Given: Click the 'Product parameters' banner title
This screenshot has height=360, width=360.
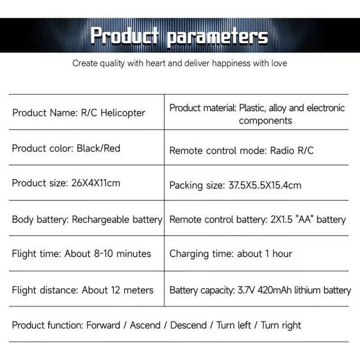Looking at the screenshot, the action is point(179,35).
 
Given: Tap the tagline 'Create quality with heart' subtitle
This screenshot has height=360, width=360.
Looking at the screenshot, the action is point(180,63).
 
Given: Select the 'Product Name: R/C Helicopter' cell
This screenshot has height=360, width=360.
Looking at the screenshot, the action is point(78,112).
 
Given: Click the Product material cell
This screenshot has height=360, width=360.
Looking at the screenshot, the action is point(257,114).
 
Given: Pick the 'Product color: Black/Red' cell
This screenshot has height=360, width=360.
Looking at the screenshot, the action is point(66,148).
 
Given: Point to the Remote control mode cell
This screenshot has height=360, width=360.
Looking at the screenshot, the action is point(241,150).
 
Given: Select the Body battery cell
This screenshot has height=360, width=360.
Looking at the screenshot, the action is point(87,219).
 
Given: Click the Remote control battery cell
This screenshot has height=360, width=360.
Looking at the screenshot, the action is point(257,220).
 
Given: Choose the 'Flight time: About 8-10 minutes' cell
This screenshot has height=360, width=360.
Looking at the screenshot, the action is point(81,254).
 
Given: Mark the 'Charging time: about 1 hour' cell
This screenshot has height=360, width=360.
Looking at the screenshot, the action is point(231,254).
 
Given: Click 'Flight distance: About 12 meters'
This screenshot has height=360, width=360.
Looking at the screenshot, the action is point(82,289).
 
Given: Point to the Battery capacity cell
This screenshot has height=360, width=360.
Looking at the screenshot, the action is point(259,290).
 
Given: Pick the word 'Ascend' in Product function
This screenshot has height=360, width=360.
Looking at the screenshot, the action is point(146,325).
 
